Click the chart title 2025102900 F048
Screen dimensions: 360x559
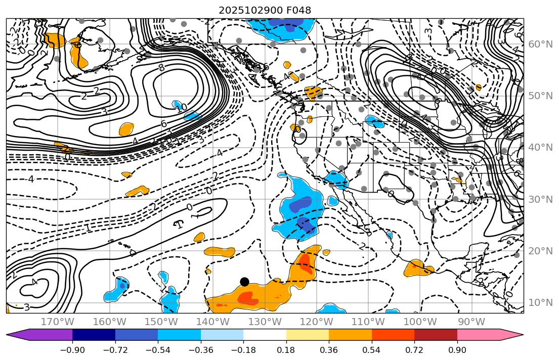pyautogui.click(x=265, y=10)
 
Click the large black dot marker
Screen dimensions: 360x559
pyautogui.click(x=245, y=282)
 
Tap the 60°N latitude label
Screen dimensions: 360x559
pyautogui.click(x=540, y=44)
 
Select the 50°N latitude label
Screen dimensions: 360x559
pyautogui.click(x=540, y=96)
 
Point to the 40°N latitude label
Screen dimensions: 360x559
pyautogui.click(x=540, y=148)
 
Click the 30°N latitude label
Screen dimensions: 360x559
pyautogui.click(x=540, y=199)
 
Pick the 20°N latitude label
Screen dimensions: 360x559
pyautogui.click(x=540, y=251)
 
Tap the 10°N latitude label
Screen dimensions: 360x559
pyautogui.click(x=540, y=303)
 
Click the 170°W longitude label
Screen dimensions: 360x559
pyautogui.click(x=57, y=322)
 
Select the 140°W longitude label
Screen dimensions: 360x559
pyautogui.click(x=212, y=322)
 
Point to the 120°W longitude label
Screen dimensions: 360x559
pyautogui.click(x=316, y=322)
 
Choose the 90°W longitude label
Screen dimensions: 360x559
pyautogui.click(x=471, y=322)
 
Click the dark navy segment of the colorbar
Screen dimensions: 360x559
pyautogui.click(x=94, y=335)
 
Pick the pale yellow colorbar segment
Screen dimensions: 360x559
pyautogui.click(x=308, y=335)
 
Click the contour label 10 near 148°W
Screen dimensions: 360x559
pyautogui.click(x=182, y=108)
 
